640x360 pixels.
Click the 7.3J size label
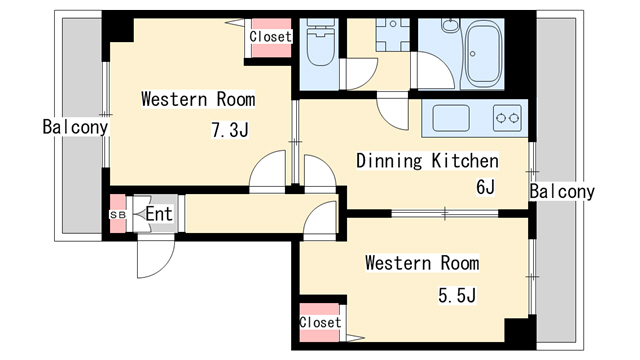coord(230,130)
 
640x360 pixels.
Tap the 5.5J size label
coord(457,295)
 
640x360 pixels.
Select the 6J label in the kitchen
coord(485,187)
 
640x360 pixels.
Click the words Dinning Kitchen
coord(427,161)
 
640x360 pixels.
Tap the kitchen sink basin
coord(451,118)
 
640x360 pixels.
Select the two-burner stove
coord(507,118)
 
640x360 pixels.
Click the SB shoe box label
coord(118,214)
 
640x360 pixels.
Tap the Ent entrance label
coord(159,214)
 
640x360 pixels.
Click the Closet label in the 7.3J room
coord(271,37)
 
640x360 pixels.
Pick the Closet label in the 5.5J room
coord(320,322)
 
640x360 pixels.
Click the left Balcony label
coord(76,127)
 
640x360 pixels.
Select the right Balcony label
coord(562,191)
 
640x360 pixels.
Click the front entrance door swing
coord(156,258)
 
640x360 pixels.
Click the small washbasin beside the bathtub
coord(450,25)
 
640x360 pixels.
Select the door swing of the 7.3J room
coord(267,171)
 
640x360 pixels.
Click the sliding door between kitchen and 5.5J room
coord(445,213)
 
